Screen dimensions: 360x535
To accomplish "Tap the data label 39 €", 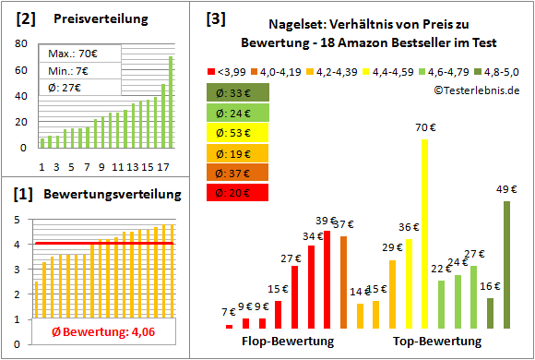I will pos(327,221).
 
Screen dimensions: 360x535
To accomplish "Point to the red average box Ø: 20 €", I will pos(238,192).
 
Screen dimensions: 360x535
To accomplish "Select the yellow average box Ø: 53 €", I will pos(238,131).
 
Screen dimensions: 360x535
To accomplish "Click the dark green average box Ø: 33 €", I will pos(238,91).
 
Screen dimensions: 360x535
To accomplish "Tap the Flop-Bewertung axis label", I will pos(287,342).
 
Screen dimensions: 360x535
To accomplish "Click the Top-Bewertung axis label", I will pos(437,342).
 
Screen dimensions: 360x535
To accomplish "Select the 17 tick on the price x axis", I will pos(163,166).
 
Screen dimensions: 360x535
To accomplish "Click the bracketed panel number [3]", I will pos(215,18).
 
